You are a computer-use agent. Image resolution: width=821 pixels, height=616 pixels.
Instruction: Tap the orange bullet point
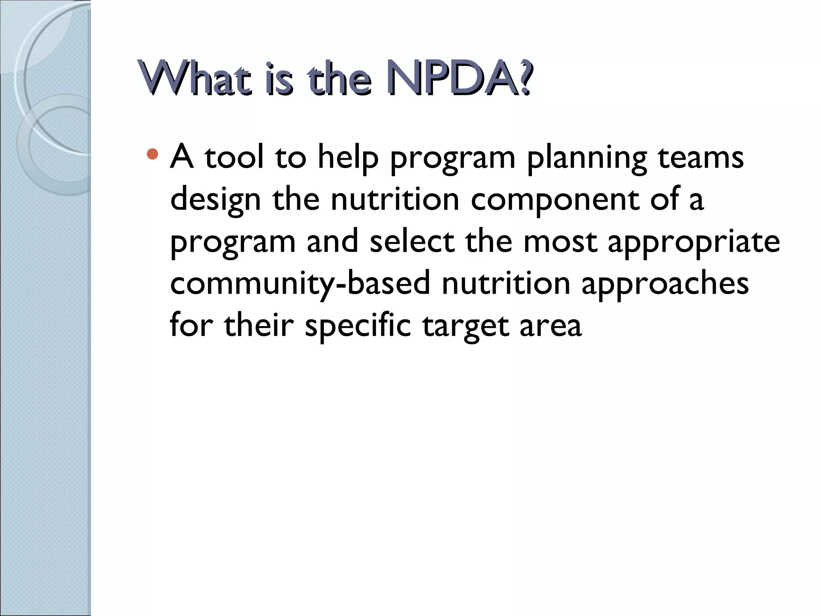(x=152, y=154)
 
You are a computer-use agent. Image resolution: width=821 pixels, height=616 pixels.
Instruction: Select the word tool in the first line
(x=235, y=157)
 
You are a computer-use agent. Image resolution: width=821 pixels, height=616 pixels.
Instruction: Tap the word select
(x=412, y=242)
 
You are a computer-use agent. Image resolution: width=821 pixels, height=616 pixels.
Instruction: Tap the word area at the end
(x=550, y=326)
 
